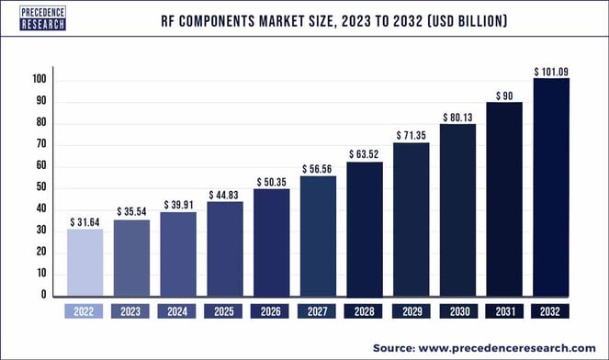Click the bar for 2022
click(85, 263)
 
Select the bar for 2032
click(551, 187)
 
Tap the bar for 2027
click(318, 236)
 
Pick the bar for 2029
click(412, 219)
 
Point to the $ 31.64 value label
click(85, 220)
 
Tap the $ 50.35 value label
click(271, 180)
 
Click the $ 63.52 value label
click(365, 152)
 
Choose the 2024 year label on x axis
click(178, 311)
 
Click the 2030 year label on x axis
click(457, 311)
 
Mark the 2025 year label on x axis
click(225, 311)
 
